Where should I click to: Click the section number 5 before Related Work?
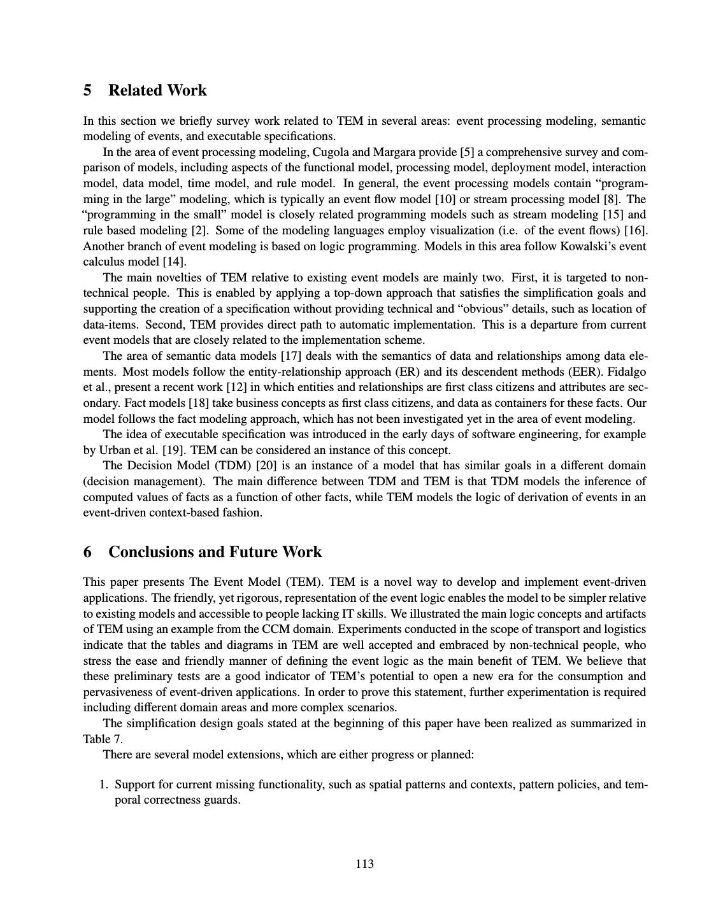[87, 90]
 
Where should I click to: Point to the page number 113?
[364, 864]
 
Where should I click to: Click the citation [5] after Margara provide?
[467, 152]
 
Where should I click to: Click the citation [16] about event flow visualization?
[635, 231]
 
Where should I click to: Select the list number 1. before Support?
[104, 785]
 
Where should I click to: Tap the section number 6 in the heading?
[87, 552]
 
